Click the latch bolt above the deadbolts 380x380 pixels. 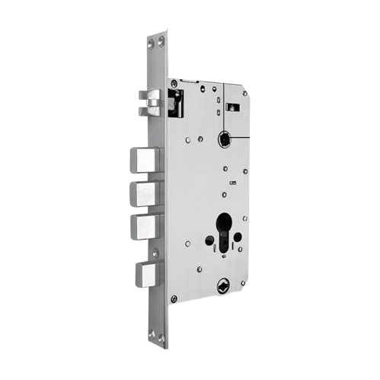151,102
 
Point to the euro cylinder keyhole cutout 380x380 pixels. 224,229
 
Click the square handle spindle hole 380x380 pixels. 225,139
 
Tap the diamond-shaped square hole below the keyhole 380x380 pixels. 222,286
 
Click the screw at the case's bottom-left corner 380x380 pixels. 174,299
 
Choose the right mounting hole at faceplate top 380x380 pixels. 161,39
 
